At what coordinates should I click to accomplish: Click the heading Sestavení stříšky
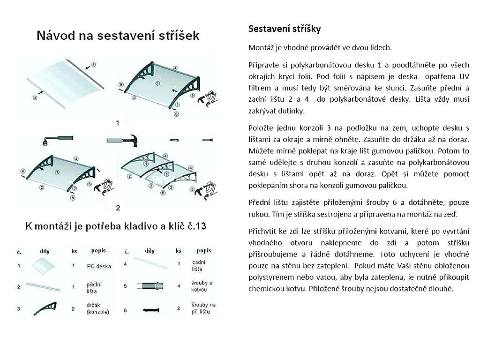tap(285, 29)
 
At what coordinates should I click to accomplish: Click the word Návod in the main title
tap(58, 36)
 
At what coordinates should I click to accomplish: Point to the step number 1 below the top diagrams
tap(118, 123)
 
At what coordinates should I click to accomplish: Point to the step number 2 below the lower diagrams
tap(118, 208)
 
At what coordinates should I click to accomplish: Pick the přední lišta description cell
tap(94, 287)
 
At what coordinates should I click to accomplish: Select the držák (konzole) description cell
tap(97, 309)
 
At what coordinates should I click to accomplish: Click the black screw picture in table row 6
tap(150, 310)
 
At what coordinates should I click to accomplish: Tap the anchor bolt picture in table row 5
tap(150, 285)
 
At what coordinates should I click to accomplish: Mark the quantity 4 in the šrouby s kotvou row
tap(179, 285)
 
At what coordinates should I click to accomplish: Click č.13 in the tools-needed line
tap(195, 226)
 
